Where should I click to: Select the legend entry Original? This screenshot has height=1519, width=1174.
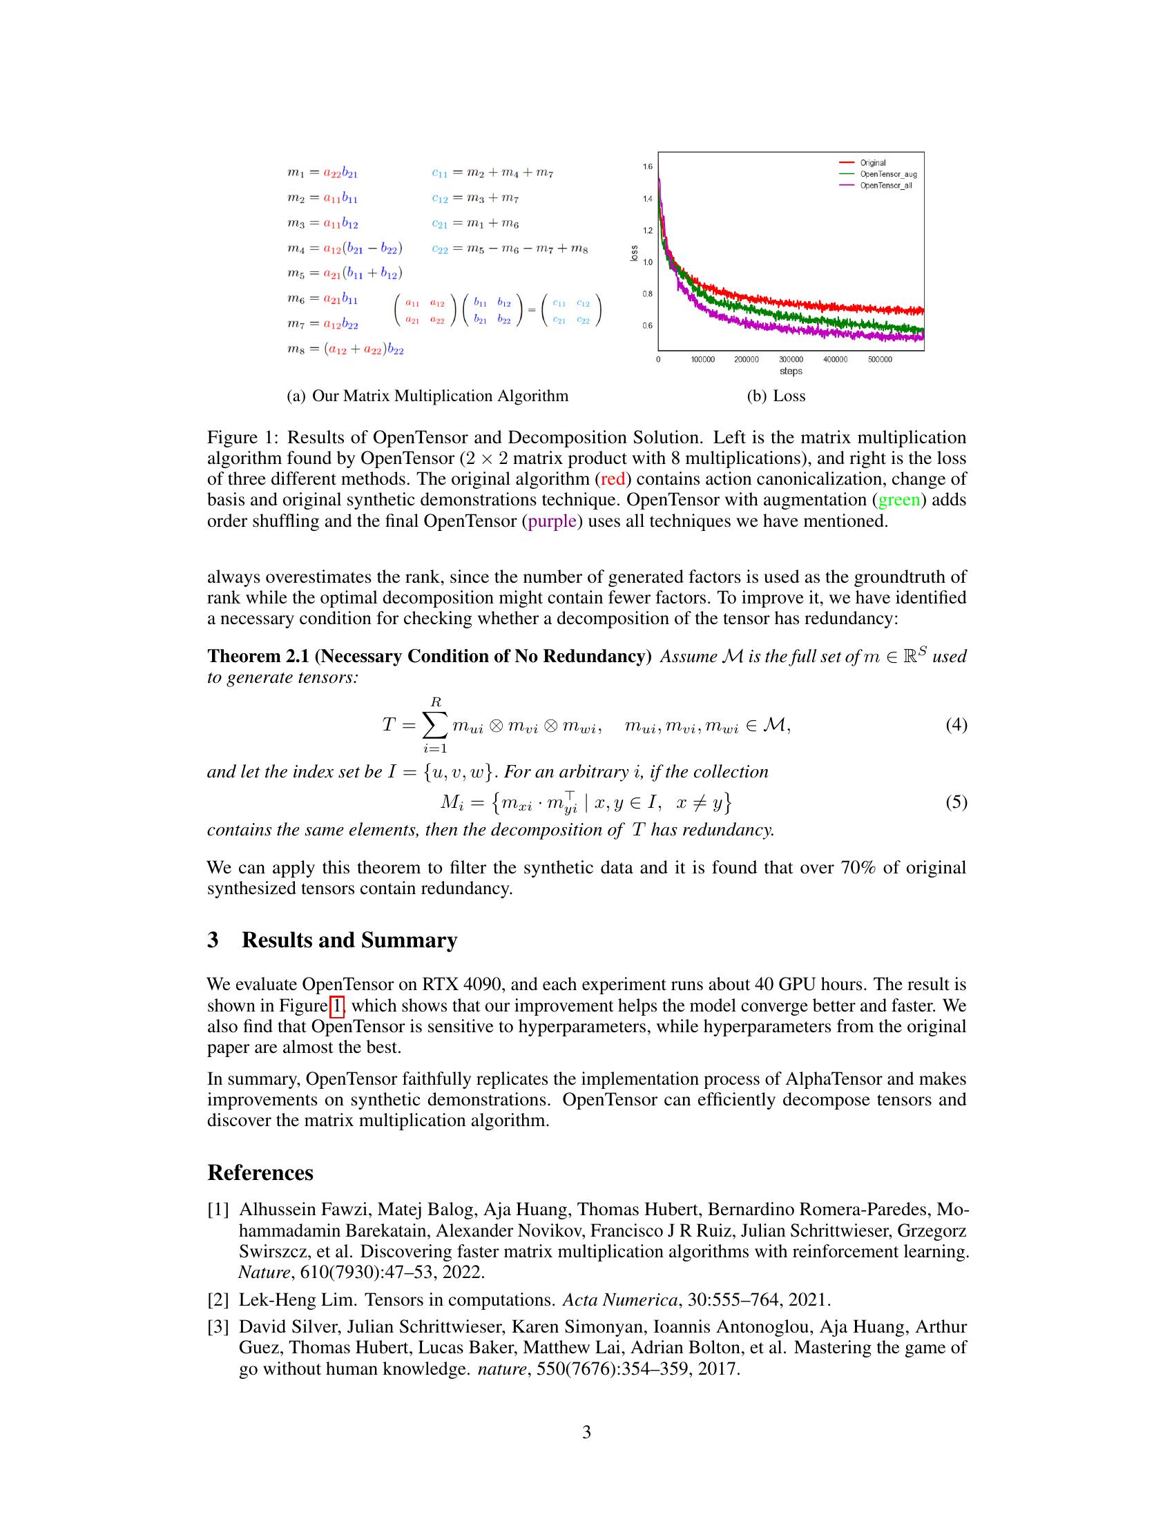pos(873,163)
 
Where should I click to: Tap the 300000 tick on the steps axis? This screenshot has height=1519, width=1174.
pos(791,360)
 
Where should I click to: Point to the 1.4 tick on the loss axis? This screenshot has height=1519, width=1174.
pos(648,199)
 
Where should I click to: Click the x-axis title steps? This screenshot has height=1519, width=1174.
pos(791,371)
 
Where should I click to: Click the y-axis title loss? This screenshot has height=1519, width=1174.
pos(633,254)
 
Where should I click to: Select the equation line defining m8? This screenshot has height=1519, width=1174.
pos(346,349)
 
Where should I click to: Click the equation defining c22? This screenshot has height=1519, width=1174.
pos(510,249)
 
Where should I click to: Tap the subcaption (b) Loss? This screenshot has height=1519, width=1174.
pos(776,396)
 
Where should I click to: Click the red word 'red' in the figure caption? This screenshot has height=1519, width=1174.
pos(613,479)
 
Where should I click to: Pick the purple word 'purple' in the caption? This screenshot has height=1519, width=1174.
pos(552,521)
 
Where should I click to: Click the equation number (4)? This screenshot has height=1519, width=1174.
pos(956,725)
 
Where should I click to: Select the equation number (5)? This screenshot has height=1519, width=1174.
pos(956,802)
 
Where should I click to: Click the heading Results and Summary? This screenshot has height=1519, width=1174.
pos(349,940)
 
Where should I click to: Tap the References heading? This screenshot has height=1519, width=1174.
pos(260,1172)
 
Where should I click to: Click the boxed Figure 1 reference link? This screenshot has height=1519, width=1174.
pos(336,1006)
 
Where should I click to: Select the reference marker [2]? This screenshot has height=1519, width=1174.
pos(218,1300)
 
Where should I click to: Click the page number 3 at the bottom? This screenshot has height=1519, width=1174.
pos(586,1432)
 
